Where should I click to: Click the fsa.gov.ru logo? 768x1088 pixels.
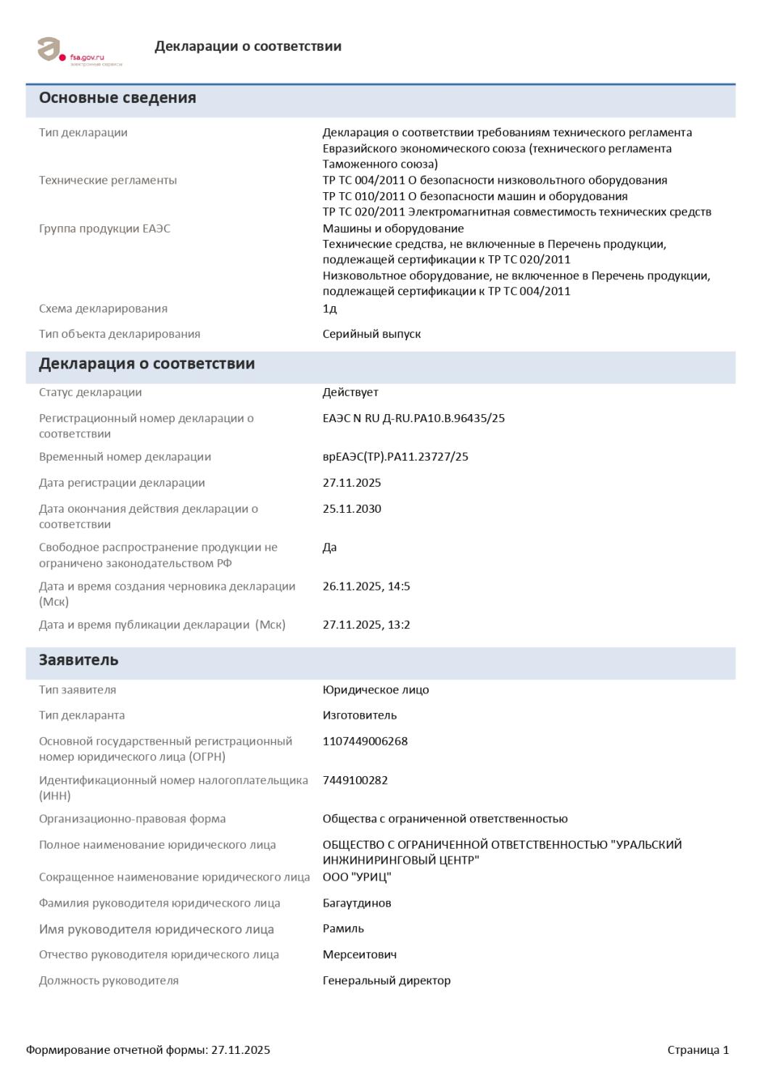point(79,51)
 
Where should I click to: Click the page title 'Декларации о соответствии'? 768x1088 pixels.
point(247,46)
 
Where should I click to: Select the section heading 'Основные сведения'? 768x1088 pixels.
point(117,98)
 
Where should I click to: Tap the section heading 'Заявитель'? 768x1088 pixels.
point(78,660)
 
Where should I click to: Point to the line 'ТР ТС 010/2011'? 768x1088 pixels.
point(474,196)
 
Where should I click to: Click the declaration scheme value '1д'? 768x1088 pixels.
point(329,309)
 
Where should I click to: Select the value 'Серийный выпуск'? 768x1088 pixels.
point(371,334)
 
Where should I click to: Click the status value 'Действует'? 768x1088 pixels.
point(350,392)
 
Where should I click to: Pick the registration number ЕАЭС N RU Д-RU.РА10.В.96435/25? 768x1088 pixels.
point(413,419)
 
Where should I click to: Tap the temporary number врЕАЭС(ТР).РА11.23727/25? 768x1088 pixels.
point(395,457)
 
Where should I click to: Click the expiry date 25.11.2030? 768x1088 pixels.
point(352,509)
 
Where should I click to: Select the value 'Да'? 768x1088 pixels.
point(329,548)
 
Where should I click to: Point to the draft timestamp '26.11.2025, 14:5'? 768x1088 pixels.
point(366,586)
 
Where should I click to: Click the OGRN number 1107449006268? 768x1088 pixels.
point(365,741)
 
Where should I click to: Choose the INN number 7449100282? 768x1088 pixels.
point(355,780)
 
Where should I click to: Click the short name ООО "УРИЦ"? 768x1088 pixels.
point(357,878)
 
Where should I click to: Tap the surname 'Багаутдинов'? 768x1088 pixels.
point(357,904)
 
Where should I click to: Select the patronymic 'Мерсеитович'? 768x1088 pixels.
point(359,955)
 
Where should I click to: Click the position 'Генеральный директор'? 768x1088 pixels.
point(387,981)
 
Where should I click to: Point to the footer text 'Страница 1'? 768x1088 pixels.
point(698,1050)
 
